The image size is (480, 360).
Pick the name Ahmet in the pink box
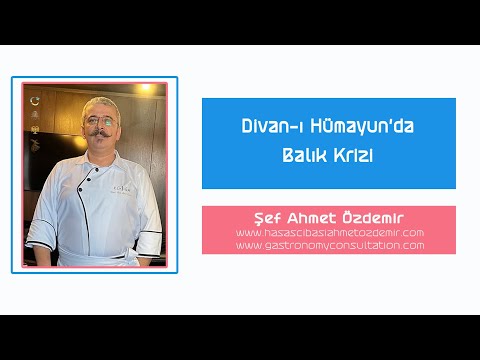point(314,217)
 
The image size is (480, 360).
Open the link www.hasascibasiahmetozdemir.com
point(328,232)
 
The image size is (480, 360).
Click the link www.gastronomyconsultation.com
point(328,245)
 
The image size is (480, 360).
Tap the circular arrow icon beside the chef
point(36,101)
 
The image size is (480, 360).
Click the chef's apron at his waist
point(100,245)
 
